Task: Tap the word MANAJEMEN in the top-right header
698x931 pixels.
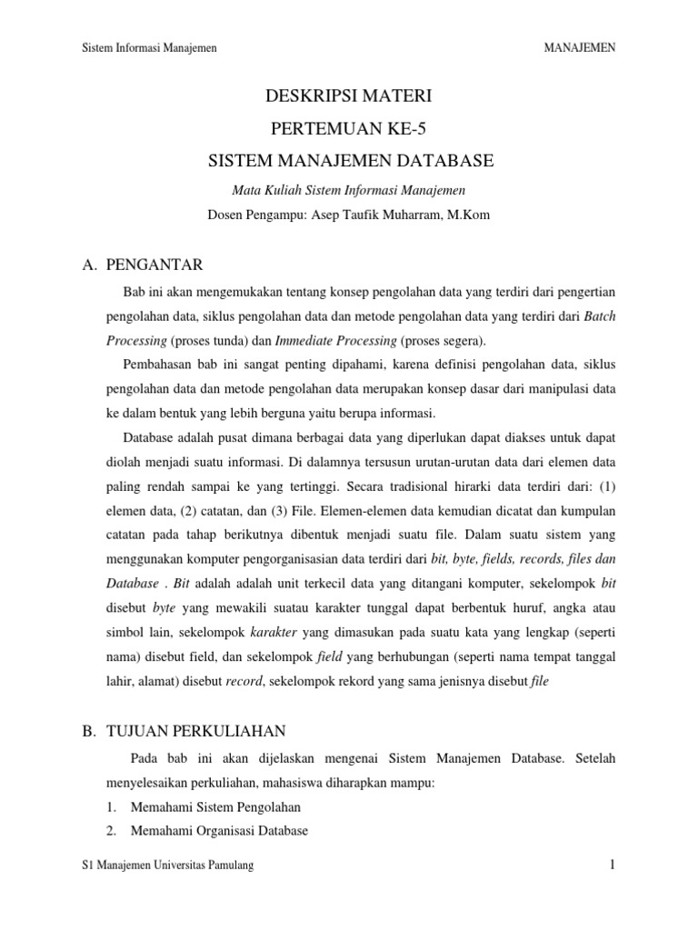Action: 579,47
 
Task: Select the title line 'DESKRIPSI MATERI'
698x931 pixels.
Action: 349,96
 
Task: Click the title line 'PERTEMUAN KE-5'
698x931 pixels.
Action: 349,128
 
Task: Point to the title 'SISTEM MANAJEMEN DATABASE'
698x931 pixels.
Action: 349,161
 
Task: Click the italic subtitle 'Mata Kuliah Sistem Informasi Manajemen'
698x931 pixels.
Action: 349,190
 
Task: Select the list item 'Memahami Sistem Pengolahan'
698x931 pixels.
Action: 216,806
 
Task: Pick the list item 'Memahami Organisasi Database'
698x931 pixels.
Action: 220,830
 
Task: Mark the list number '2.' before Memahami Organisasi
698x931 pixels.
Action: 111,830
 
